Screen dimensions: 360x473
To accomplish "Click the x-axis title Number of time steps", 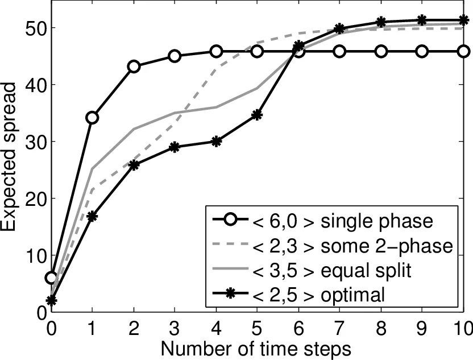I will point(258,346).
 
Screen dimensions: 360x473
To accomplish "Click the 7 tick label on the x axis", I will point(340,328).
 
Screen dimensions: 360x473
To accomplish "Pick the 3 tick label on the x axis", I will point(175,328).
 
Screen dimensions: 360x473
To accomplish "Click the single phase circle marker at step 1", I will point(92,118).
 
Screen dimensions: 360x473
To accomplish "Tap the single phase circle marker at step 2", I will point(134,67).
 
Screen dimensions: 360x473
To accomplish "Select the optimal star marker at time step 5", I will point(257,115).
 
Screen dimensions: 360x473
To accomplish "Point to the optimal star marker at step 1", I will point(92,216).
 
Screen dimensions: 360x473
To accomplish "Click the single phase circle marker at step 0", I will point(51,278).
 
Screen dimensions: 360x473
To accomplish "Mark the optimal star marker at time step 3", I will point(175,147).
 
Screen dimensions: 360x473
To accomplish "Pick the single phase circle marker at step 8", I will point(381,51).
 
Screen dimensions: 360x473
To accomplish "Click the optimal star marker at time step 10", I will point(463,20).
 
